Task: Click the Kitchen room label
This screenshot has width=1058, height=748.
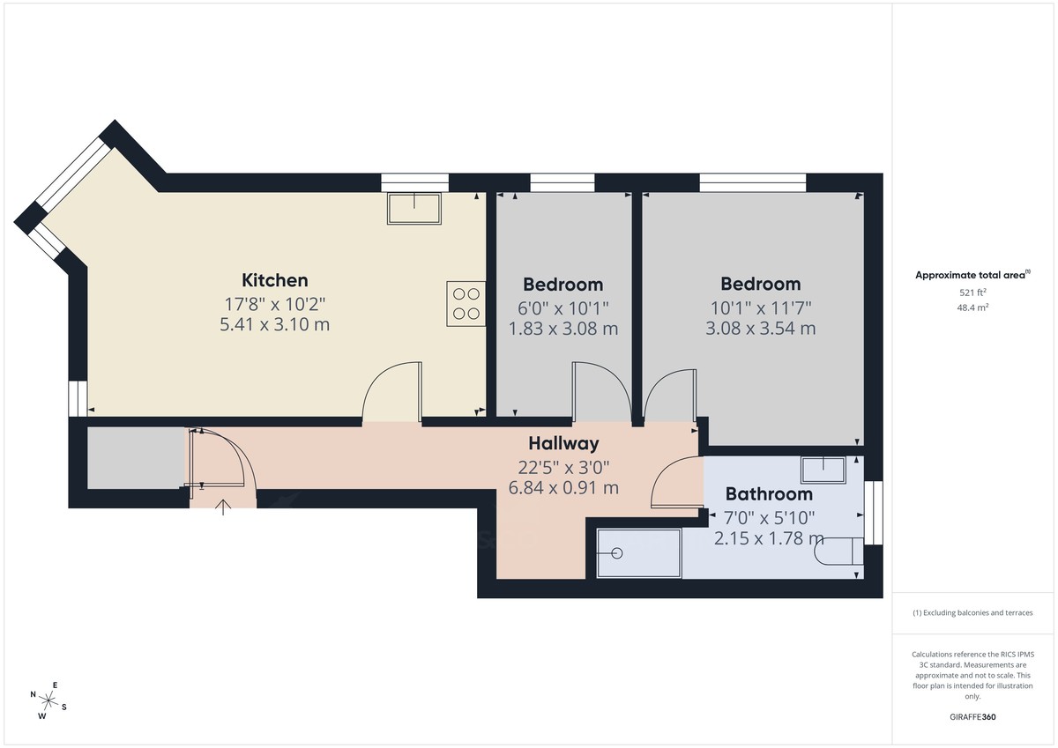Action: pyautogui.click(x=275, y=281)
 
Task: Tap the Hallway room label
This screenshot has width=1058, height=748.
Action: pyautogui.click(x=563, y=444)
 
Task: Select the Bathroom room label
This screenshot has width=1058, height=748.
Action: pyautogui.click(x=769, y=494)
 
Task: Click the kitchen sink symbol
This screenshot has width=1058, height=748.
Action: pyautogui.click(x=414, y=209)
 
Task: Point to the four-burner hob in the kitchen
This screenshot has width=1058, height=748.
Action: pyautogui.click(x=465, y=303)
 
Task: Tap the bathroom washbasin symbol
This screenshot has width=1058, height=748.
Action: pyautogui.click(x=823, y=470)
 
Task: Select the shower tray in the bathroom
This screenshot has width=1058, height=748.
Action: pyautogui.click(x=638, y=553)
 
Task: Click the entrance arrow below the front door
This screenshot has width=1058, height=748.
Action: pyautogui.click(x=222, y=507)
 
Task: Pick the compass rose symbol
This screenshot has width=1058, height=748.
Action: pyautogui.click(x=50, y=702)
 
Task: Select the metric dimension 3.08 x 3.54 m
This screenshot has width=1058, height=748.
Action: pyautogui.click(x=760, y=329)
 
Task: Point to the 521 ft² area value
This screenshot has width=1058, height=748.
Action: pyautogui.click(x=972, y=293)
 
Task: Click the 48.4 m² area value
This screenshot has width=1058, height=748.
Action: pyautogui.click(x=972, y=307)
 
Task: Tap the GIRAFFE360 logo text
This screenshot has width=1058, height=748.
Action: pyautogui.click(x=972, y=717)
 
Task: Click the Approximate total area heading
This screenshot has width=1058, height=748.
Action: pyautogui.click(x=971, y=276)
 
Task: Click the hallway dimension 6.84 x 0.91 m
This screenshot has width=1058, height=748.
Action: pyautogui.click(x=563, y=487)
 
